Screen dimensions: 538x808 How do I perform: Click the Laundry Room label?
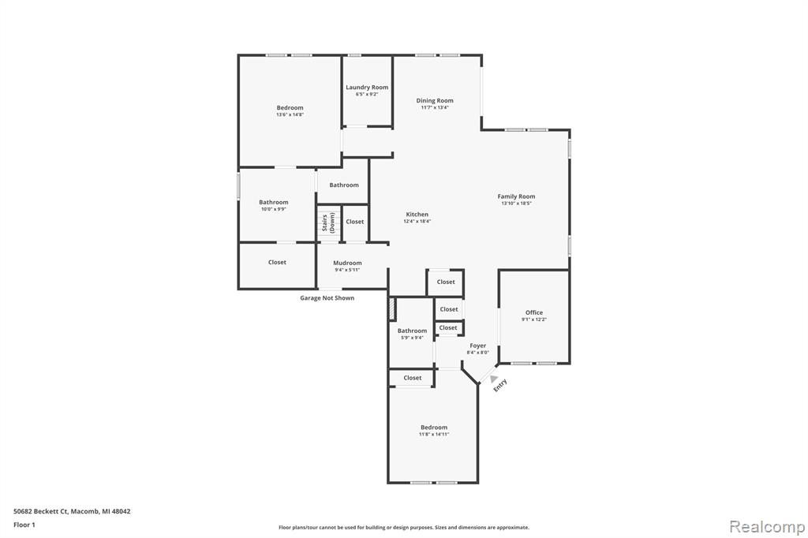[x=367, y=88]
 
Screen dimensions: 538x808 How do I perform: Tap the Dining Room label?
[x=435, y=101]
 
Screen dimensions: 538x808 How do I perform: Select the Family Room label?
[x=516, y=196]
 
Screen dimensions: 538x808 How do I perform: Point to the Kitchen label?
[x=417, y=215]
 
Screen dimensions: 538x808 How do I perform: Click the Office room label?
[x=534, y=312]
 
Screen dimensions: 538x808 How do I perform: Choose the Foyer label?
[x=478, y=346]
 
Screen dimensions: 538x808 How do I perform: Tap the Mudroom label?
[x=347, y=263]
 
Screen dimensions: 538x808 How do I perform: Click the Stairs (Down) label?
[x=328, y=223]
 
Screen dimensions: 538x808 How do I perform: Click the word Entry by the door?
[x=500, y=385]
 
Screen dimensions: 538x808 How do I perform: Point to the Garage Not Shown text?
[x=327, y=298]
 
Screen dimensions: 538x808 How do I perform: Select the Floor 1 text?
[x=24, y=524]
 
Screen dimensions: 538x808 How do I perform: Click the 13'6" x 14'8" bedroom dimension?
[x=290, y=114]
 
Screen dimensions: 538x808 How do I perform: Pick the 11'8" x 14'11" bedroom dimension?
[x=434, y=434]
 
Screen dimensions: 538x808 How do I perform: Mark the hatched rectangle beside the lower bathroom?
[x=391, y=309]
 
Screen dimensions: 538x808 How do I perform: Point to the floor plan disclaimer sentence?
[x=403, y=527]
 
